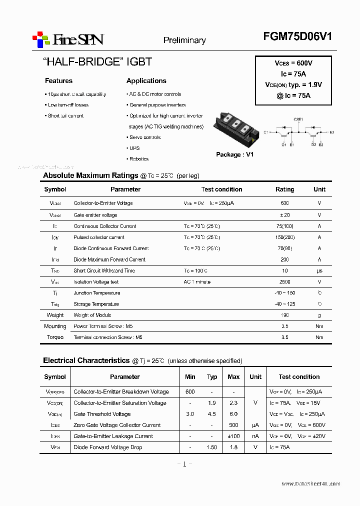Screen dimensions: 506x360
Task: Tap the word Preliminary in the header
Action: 184,40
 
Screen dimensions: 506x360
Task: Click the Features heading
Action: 58,81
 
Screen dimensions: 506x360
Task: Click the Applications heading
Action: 146,81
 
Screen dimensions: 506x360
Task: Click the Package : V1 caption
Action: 234,154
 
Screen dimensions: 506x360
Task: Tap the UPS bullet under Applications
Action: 134,148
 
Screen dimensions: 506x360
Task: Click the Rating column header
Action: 285,189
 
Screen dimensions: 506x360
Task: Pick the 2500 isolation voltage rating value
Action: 285,282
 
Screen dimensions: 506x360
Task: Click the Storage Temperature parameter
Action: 96,304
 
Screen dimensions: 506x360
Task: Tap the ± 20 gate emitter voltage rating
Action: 285,215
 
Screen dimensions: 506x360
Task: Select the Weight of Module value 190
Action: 285,315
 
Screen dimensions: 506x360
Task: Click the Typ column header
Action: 212,377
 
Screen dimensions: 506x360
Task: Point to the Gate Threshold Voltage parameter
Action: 102,414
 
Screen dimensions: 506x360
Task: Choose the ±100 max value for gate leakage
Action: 233,436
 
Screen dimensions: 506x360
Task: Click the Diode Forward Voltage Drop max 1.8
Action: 233,447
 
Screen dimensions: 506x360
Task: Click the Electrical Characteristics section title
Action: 86,360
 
